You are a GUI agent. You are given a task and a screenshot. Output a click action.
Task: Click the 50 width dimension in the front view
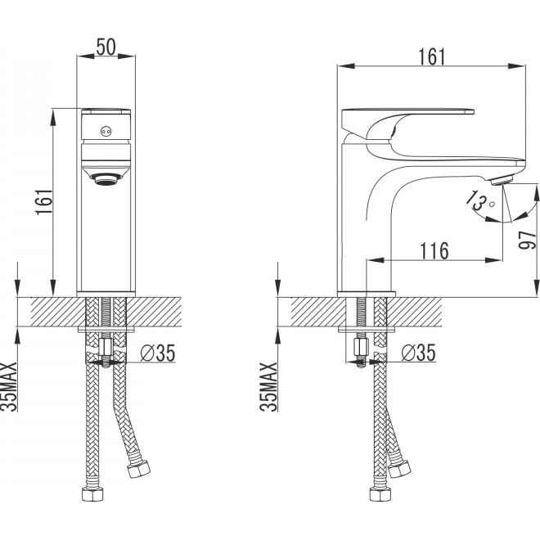click(106, 47)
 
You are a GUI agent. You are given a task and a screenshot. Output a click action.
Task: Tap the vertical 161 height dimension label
click(44, 202)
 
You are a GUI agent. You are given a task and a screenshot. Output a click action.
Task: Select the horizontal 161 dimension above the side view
click(431, 56)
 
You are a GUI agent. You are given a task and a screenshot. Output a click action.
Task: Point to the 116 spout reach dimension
click(434, 250)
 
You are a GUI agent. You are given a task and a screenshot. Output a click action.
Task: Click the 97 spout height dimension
click(528, 240)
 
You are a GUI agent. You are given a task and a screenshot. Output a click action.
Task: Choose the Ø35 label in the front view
click(158, 353)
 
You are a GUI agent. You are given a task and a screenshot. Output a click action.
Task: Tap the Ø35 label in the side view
click(418, 353)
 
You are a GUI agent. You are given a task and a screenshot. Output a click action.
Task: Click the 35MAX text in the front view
click(8, 387)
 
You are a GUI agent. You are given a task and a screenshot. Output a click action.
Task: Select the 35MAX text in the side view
click(268, 387)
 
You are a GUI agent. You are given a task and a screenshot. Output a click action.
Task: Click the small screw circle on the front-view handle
click(106, 131)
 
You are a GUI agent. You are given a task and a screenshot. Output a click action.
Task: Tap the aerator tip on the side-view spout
click(502, 180)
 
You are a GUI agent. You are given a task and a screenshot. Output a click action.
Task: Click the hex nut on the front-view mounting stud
click(105, 347)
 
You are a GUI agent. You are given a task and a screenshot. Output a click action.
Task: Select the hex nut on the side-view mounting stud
click(361, 347)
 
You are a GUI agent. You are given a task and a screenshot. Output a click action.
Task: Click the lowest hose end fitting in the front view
click(92, 494)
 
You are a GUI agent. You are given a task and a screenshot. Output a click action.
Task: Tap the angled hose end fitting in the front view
click(138, 468)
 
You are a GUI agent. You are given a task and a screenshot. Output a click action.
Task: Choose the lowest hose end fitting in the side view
click(380, 494)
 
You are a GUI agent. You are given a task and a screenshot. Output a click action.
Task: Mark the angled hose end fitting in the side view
click(399, 468)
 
